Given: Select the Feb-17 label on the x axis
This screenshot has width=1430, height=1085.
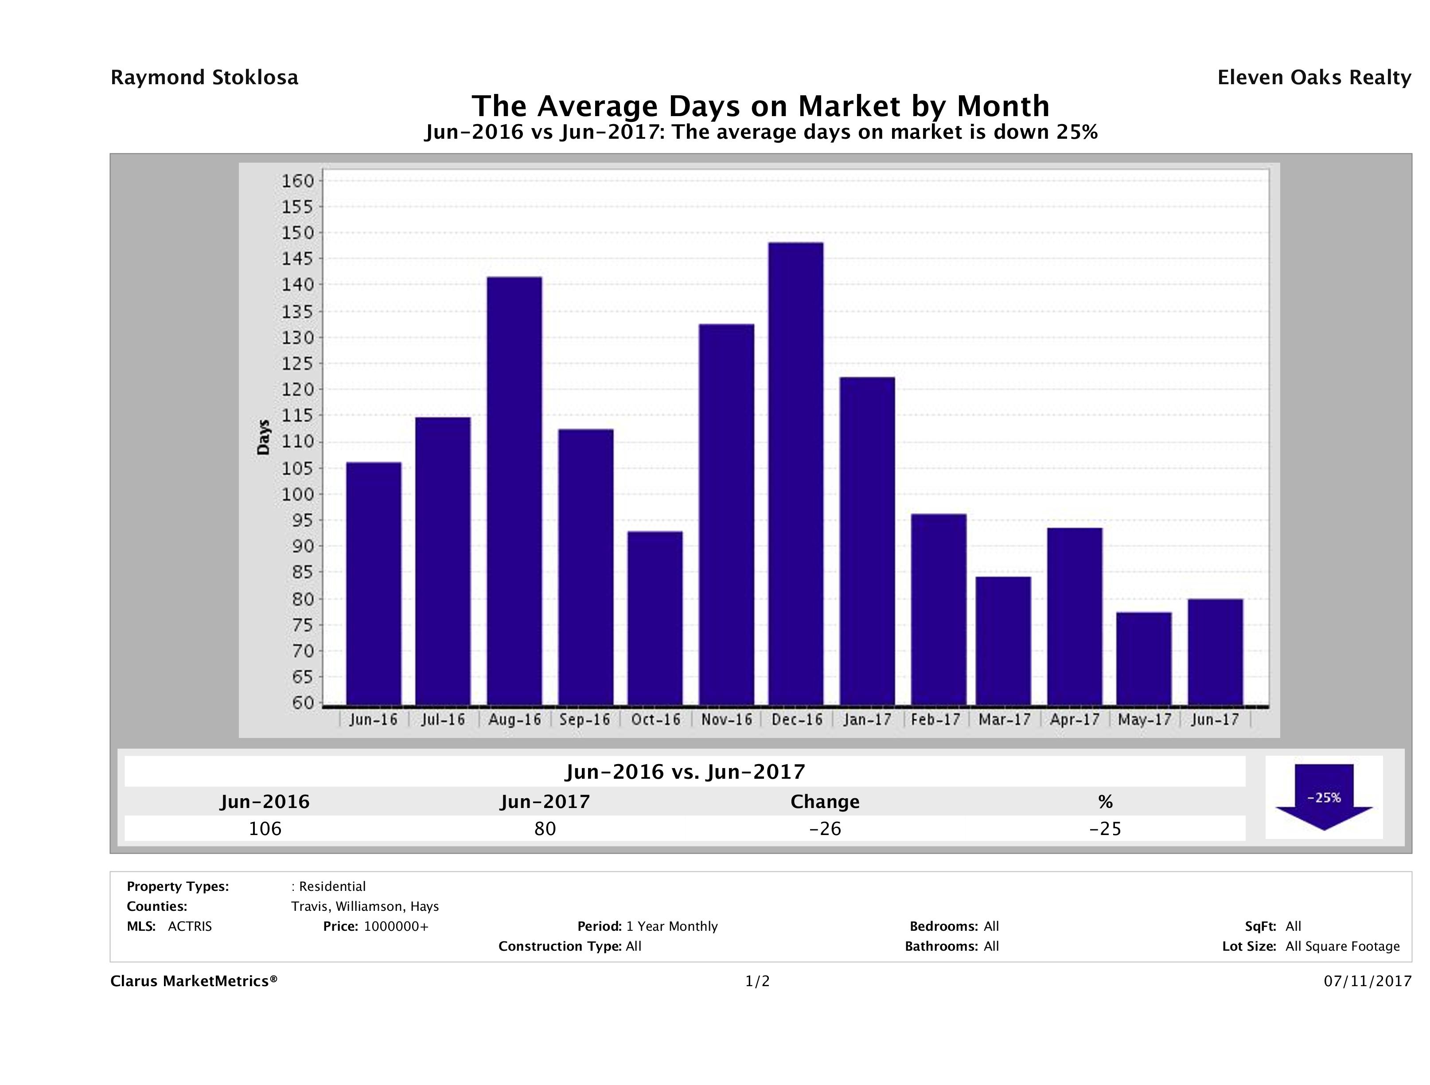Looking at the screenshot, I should [935, 720].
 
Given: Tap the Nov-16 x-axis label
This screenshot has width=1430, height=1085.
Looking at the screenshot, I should [727, 720].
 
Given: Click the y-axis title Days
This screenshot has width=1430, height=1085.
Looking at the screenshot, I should [263, 437].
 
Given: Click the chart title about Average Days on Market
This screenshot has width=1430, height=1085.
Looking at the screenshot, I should [760, 106].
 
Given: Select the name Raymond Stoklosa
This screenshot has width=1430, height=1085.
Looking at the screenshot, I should [204, 78].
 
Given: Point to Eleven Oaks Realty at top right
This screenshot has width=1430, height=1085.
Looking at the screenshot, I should [1313, 78].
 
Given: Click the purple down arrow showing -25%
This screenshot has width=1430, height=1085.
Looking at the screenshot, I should [1323, 796].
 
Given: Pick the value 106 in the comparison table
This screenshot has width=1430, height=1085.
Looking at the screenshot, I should [265, 828].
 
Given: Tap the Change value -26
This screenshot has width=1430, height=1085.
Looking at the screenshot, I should [825, 828].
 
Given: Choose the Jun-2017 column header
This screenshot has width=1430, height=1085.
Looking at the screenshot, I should [545, 802].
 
